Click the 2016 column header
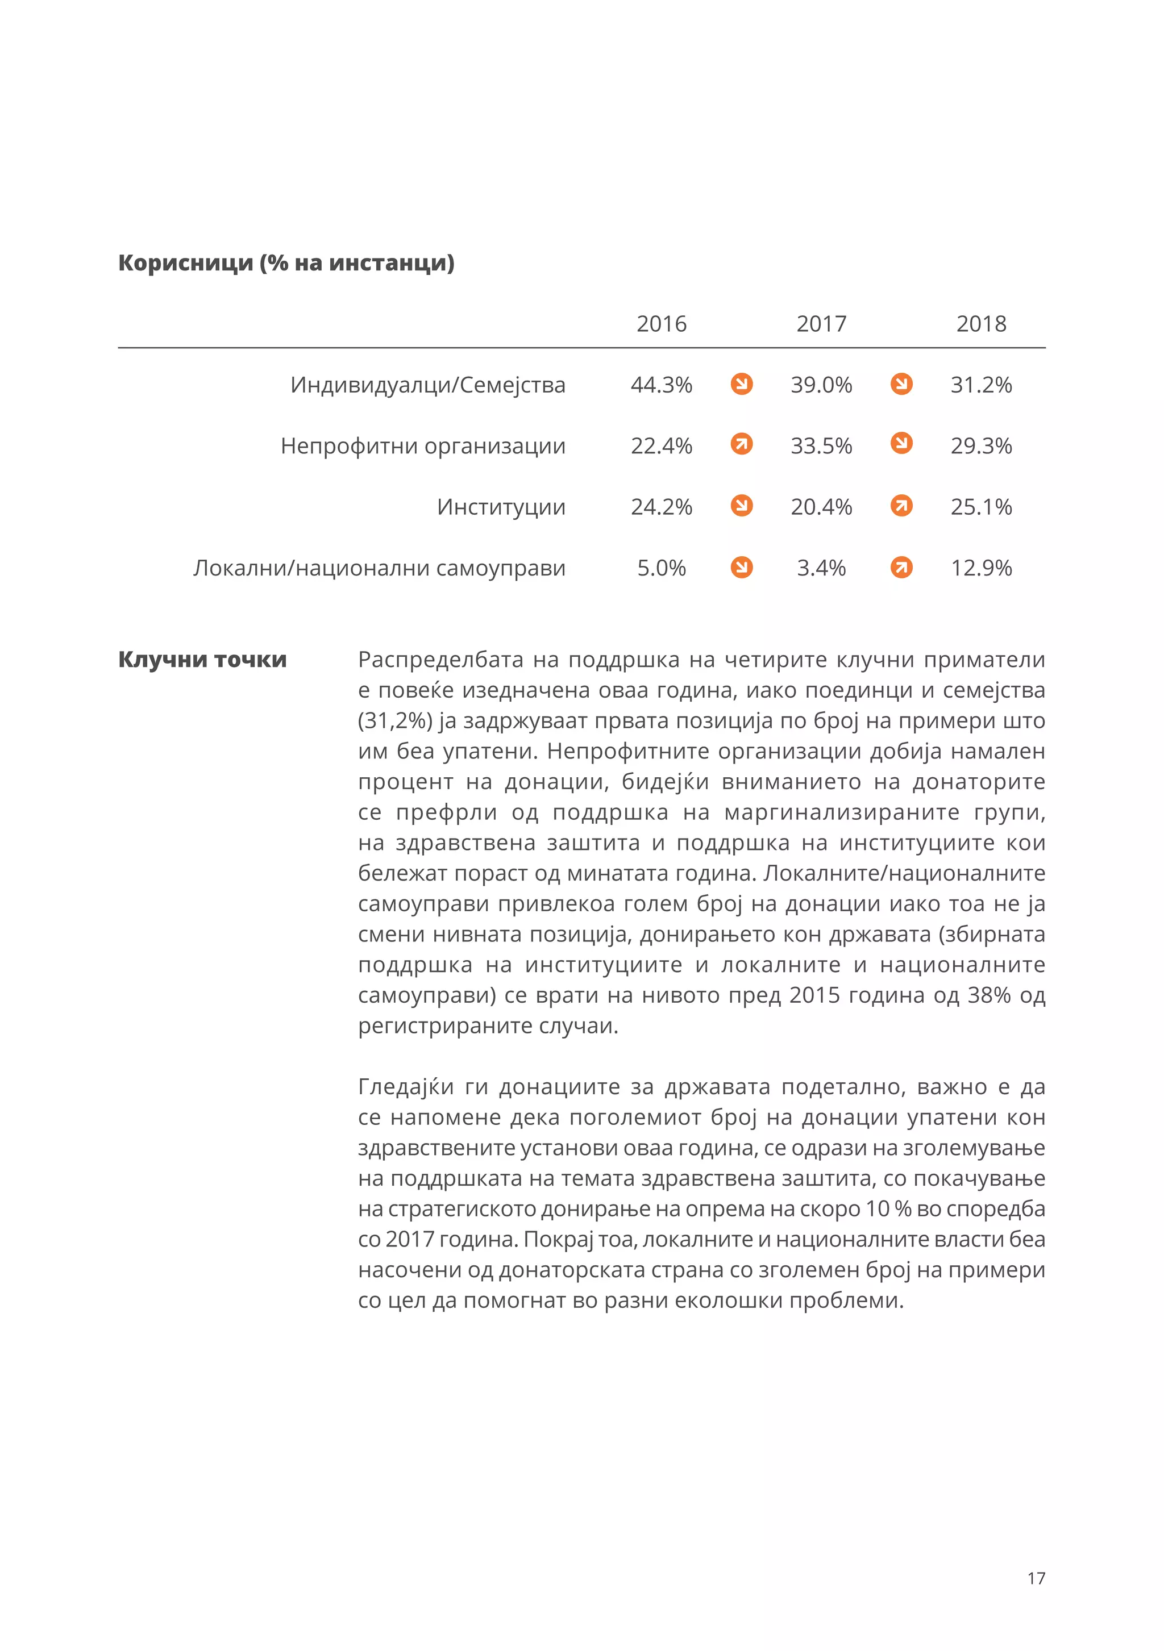coord(661,324)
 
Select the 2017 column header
coord(821,324)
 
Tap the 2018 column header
coord(980,324)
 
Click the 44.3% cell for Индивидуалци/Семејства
coord(661,385)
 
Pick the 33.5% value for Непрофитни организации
coord(821,446)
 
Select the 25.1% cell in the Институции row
coord(980,507)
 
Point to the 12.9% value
coord(980,568)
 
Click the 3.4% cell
coord(821,568)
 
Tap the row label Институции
coord(501,507)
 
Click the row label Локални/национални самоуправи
coord(379,568)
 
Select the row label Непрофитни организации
coord(423,446)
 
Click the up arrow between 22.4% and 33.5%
coord(741,444)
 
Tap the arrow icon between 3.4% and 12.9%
coord(901,568)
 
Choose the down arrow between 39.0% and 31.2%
coord(901,384)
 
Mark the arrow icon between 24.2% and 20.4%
coord(741,506)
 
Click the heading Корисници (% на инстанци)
coord(286,263)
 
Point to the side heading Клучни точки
coord(202,660)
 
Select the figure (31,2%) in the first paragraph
coord(395,720)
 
